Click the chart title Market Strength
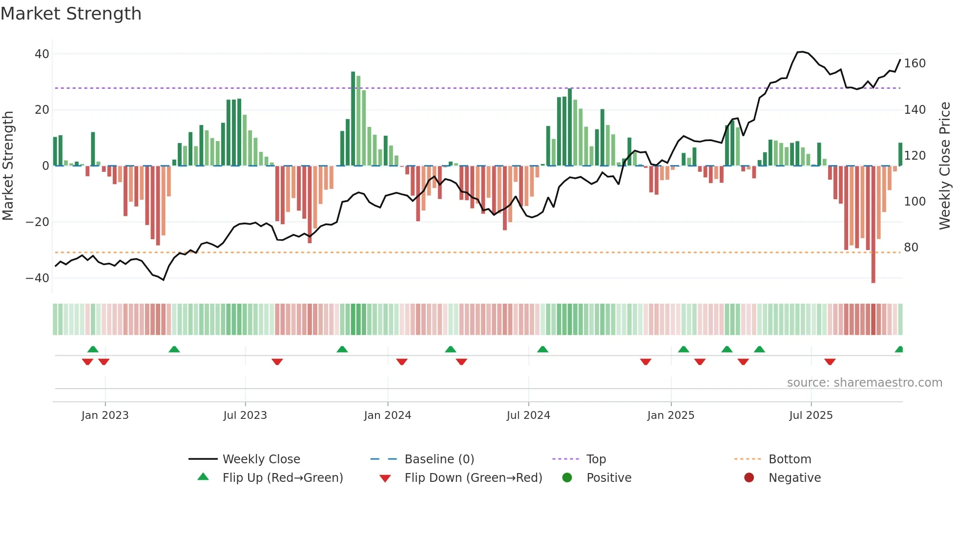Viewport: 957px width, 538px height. (x=71, y=14)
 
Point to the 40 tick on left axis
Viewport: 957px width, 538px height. (x=42, y=54)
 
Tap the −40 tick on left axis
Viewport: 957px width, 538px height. (x=37, y=278)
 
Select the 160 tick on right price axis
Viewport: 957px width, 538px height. (x=915, y=63)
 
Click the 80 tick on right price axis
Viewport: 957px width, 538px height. (x=911, y=248)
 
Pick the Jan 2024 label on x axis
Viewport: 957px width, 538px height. (x=388, y=415)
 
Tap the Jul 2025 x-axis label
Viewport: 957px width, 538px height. (x=811, y=415)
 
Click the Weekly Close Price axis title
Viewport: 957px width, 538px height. (x=945, y=166)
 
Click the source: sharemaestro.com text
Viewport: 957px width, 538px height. (x=864, y=383)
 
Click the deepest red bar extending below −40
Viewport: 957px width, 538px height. (x=873, y=225)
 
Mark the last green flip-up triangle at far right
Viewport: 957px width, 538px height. (x=899, y=350)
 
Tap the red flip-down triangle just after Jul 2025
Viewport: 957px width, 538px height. (x=830, y=362)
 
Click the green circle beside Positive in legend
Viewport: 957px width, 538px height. (x=567, y=477)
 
